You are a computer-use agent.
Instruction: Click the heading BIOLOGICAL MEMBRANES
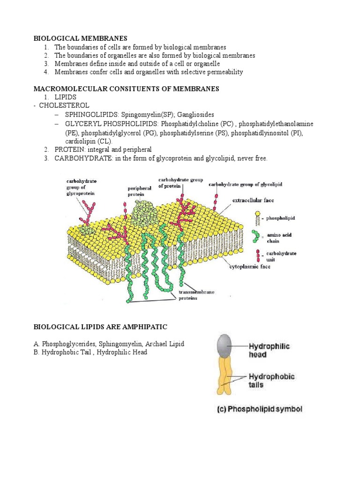pos(80,38)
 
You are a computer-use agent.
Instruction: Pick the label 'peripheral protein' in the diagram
pos(139,191)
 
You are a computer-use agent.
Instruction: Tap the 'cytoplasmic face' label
pos(250,266)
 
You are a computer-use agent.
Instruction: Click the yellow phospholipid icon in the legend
pos(258,217)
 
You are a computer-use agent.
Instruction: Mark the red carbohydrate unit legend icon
pos(258,256)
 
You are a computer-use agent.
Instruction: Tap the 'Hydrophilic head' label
pos(269,350)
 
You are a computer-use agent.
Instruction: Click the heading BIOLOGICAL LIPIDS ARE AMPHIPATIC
pos(99,326)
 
